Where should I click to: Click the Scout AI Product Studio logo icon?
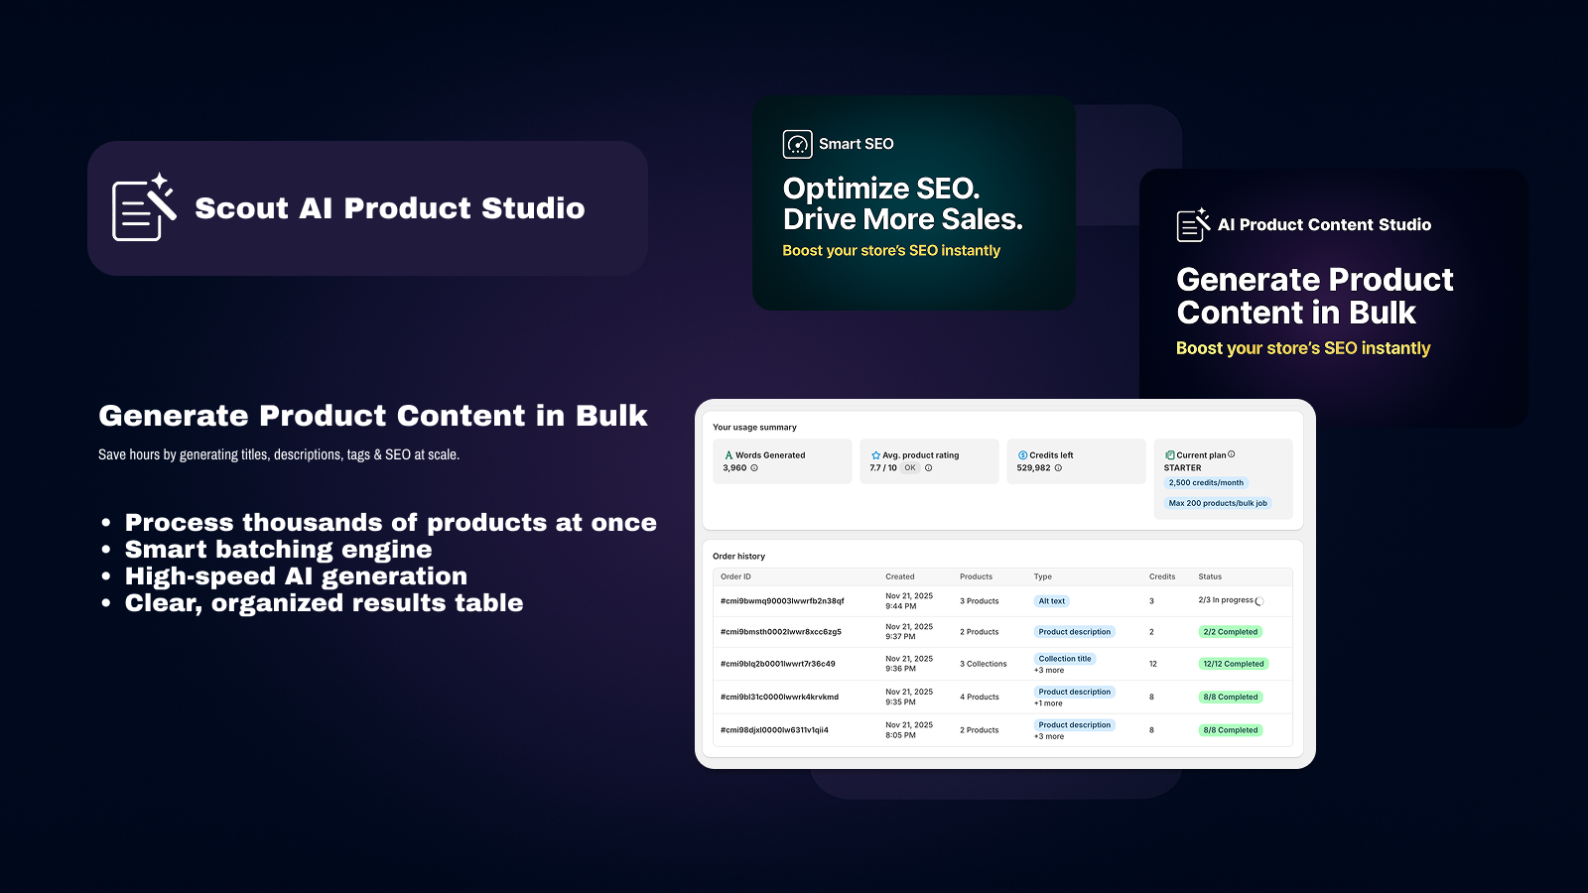pyautogui.click(x=144, y=207)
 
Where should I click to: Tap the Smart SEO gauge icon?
pyautogui.click(x=798, y=145)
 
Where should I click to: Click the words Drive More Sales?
pyautogui.click(x=902, y=219)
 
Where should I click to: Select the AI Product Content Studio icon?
pyautogui.click(x=1193, y=224)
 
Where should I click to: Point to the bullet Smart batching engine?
pyautogui.click(x=279, y=550)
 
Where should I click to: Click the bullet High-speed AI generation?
pyautogui.click(x=297, y=576)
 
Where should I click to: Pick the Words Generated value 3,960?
pyautogui.click(x=734, y=467)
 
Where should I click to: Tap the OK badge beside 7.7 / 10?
pyautogui.click(x=909, y=467)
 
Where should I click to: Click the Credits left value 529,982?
pyautogui.click(x=1033, y=467)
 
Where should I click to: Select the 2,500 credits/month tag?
pyautogui.click(x=1206, y=482)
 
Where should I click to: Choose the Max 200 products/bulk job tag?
pyautogui.click(x=1218, y=503)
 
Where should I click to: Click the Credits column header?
pyautogui.click(x=1162, y=576)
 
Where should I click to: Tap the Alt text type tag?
pyautogui.click(x=1051, y=601)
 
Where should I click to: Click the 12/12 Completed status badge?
pyautogui.click(x=1234, y=664)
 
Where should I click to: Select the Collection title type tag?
pyautogui.click(x=1065, y=659)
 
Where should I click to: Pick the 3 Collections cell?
pyautogui.click(x=984, y=664)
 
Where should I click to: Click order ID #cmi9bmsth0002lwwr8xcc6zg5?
pyautogui.click(x=780, y=631)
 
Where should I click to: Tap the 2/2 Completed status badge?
pyautogui.click(x=1231, y=631)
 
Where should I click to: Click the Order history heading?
pyautogui.click(x=738, y=557)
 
